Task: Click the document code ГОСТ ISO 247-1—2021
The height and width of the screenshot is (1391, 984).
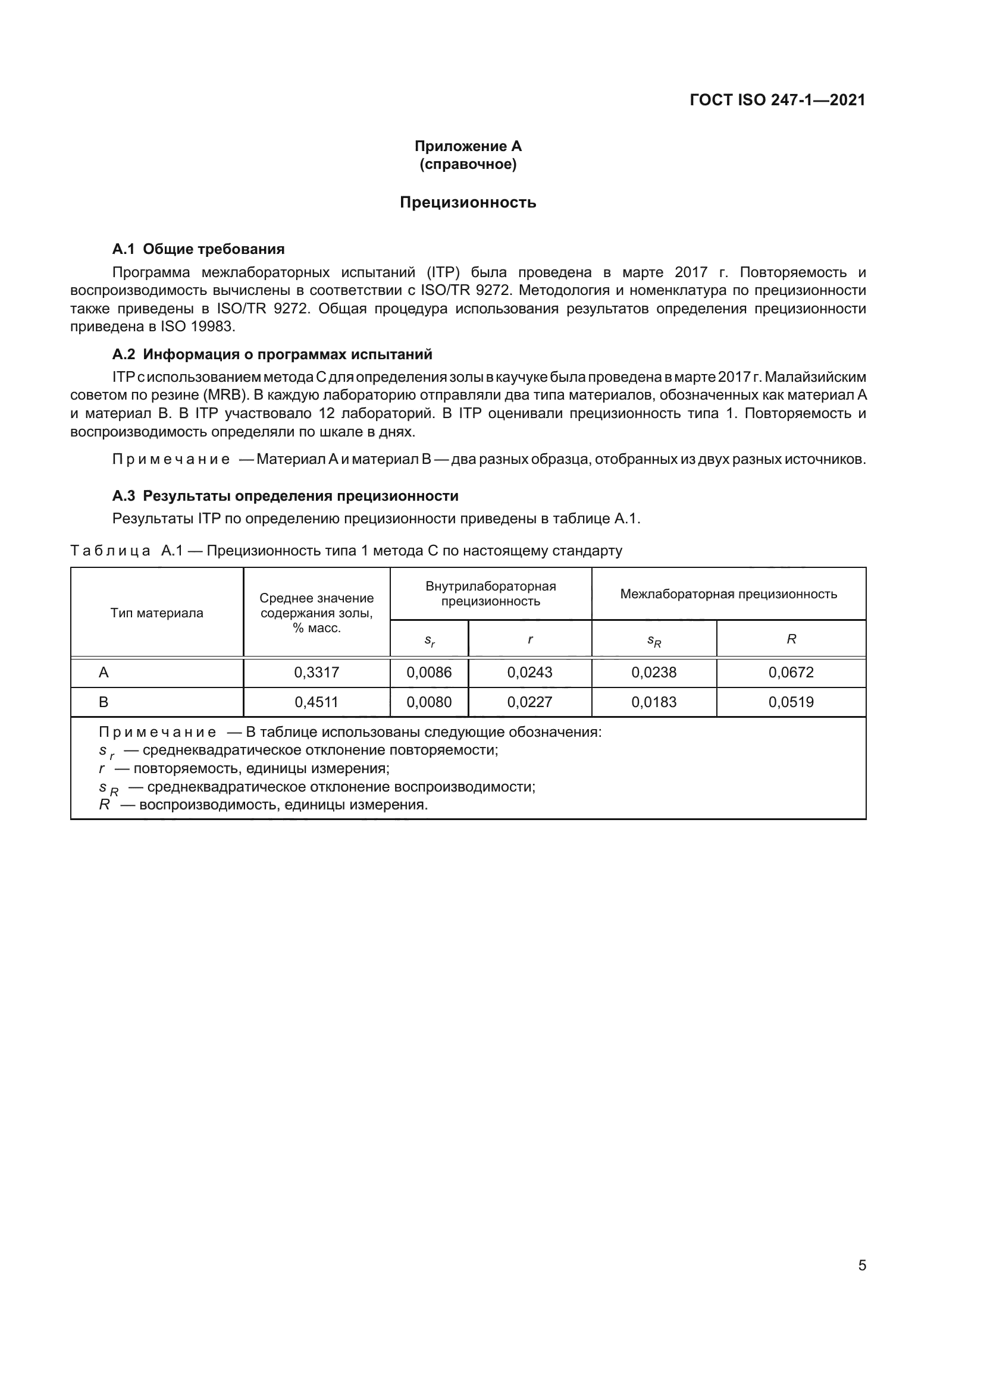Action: tap(778, 100)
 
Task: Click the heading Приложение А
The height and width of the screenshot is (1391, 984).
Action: tap(468, 146)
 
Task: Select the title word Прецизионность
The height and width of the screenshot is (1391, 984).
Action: tap(468, 202)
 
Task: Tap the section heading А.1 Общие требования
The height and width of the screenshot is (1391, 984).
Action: tap(198, 249)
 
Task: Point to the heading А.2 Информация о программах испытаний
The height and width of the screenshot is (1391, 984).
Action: tap(272, 354)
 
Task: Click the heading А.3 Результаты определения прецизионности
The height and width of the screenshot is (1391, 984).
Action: tap(286, 495)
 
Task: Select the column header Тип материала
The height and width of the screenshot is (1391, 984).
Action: tap(157, 613)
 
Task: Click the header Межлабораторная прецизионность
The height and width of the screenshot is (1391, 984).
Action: tap(728, 594)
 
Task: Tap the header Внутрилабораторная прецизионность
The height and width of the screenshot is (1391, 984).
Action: tap(490, 594)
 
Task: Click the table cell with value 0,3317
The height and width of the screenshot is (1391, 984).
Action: tap(316, 672)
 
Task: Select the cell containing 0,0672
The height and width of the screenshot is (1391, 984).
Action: tap(791, 672)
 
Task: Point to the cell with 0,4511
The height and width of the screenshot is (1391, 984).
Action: tap(316, 702)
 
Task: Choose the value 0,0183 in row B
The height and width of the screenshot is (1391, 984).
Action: tap(654, 702)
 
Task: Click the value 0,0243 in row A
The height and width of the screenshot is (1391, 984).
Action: tap(529, 672)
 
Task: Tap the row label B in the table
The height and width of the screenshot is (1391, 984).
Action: tap(104, 702)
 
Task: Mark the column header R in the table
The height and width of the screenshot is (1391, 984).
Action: tap(791, 639)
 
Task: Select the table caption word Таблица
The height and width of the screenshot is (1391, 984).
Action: tap(110, 551)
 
